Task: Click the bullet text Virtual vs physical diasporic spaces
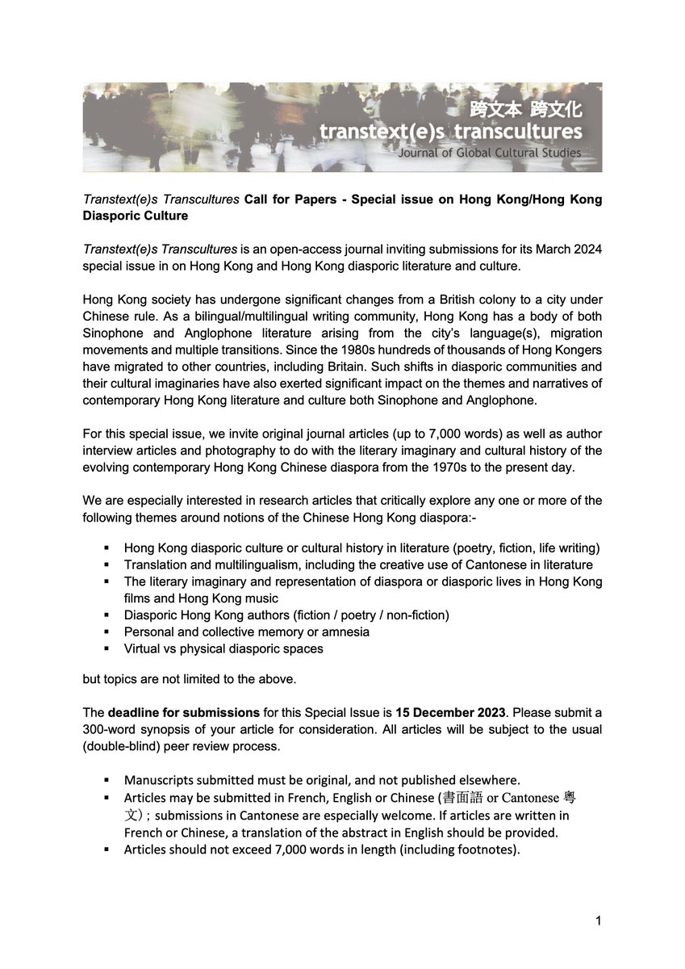click(223, 648)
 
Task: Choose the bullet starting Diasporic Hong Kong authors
click(286, 615)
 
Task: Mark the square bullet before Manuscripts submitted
click(107, 781)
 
